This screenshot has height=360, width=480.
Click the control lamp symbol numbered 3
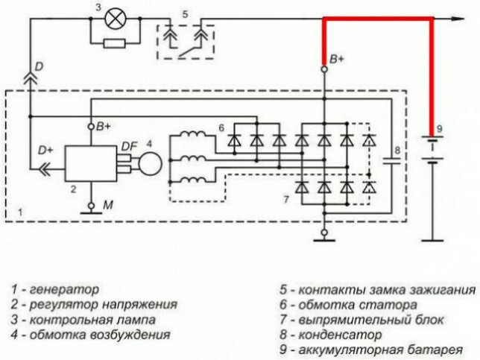(115, 18)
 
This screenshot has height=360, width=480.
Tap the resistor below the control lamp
(115, 43)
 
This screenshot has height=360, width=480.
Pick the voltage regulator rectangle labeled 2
(91, 163)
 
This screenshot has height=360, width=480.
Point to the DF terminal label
(130, 147)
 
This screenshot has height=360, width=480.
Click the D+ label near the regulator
(46, 150)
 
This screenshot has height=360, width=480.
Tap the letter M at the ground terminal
(108, 205)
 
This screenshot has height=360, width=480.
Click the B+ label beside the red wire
(337, 59)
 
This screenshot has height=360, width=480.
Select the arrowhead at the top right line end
(458, 19)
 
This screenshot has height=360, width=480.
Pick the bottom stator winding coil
(193, 180)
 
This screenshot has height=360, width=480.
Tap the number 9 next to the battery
(440, 129)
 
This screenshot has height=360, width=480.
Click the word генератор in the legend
(65, 289)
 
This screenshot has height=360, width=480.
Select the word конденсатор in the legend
(340, 335)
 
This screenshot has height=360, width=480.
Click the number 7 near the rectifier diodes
(286, 200)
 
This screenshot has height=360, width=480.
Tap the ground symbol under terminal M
(91, 212)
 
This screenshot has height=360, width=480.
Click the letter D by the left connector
(39, 67)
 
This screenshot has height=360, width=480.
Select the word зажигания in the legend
(443, 290)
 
